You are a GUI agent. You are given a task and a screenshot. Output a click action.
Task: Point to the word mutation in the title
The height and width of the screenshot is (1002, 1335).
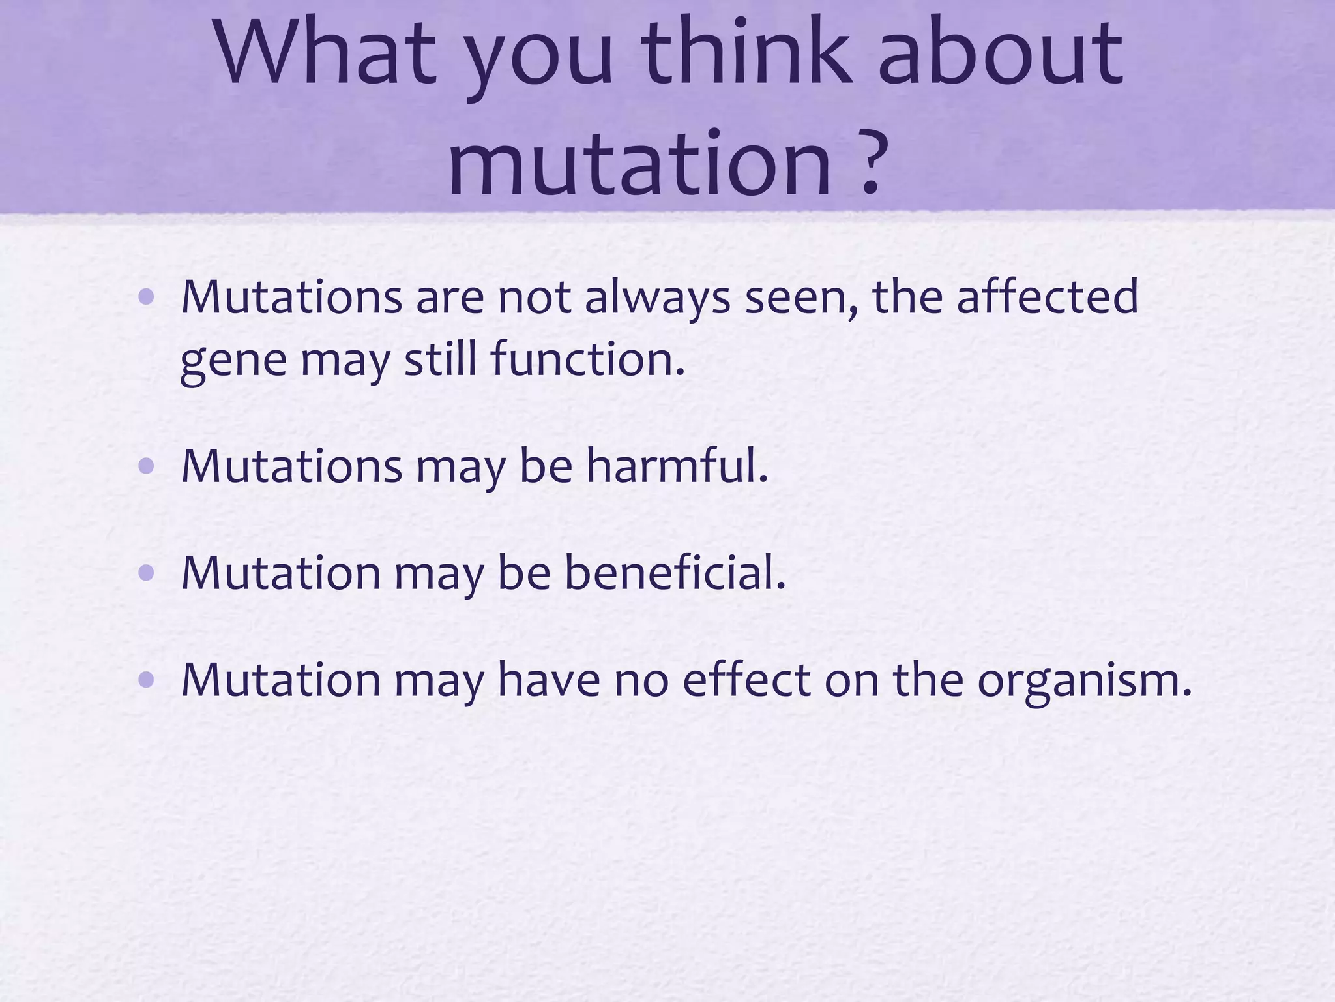(x=639, y=163)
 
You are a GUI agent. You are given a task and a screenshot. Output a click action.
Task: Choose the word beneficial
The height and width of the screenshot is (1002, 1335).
(x=674, y=573)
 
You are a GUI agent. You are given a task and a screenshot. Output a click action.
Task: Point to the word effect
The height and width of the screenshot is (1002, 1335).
(x=746, y=680)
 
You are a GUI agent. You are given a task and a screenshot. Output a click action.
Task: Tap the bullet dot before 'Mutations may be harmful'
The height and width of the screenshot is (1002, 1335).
(x=147, y=466)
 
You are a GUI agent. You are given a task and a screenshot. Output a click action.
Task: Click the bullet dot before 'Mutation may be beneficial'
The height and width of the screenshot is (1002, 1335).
(x=147, y=573)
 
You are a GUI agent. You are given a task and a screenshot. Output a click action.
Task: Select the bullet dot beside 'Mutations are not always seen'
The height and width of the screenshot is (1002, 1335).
(x=147, y=297)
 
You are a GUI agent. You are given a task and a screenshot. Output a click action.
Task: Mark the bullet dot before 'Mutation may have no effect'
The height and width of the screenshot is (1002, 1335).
(x=147, y=680)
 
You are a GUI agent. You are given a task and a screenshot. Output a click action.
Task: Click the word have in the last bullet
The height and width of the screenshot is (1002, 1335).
(x=548, y=680)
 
